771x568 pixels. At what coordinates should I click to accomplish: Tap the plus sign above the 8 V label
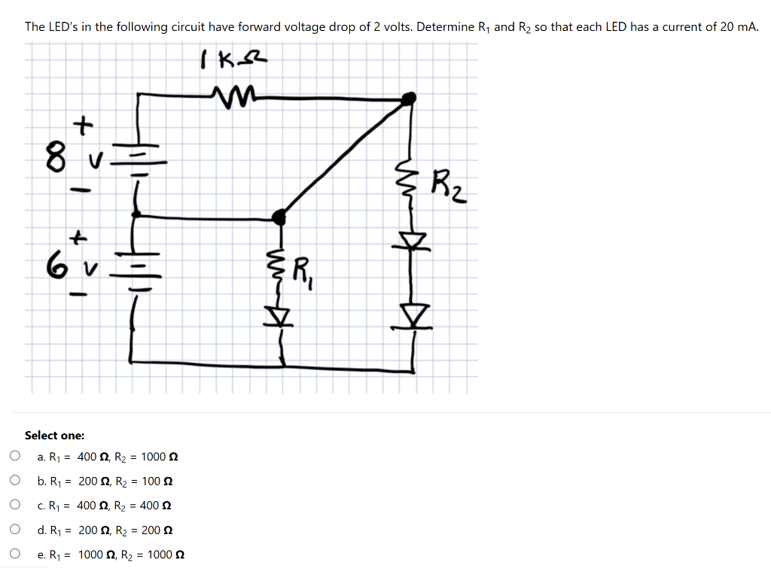pos(82,125)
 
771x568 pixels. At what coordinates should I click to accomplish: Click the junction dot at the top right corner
pos(409,98)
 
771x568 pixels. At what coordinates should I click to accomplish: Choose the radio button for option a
pos(14,456)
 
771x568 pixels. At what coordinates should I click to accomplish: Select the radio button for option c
pos(14,505)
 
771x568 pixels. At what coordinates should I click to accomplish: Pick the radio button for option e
pos(14,554)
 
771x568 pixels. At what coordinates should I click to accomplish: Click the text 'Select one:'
pos(54,435)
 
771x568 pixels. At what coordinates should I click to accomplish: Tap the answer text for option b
pos(106,481)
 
